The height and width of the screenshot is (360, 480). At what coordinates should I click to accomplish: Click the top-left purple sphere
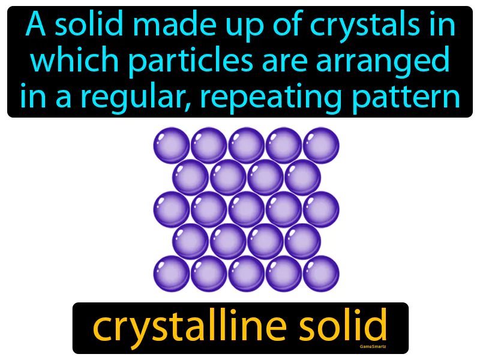click(172, 145)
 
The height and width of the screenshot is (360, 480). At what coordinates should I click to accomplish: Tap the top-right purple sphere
click(321, 145)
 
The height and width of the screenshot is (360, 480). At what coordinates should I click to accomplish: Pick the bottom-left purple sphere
click(172, 274)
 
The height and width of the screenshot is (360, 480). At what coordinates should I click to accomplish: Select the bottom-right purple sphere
click(321, 274)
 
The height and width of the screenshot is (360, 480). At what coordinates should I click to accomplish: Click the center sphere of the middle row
click(247, 209)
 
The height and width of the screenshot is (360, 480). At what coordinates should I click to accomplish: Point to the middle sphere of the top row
click(247, 145)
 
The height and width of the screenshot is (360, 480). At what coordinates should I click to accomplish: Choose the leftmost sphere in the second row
click(191, 178)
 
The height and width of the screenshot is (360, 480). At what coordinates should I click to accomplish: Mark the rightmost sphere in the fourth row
click(302, 241)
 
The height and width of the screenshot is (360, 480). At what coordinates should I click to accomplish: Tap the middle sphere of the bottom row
click(247, 274)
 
